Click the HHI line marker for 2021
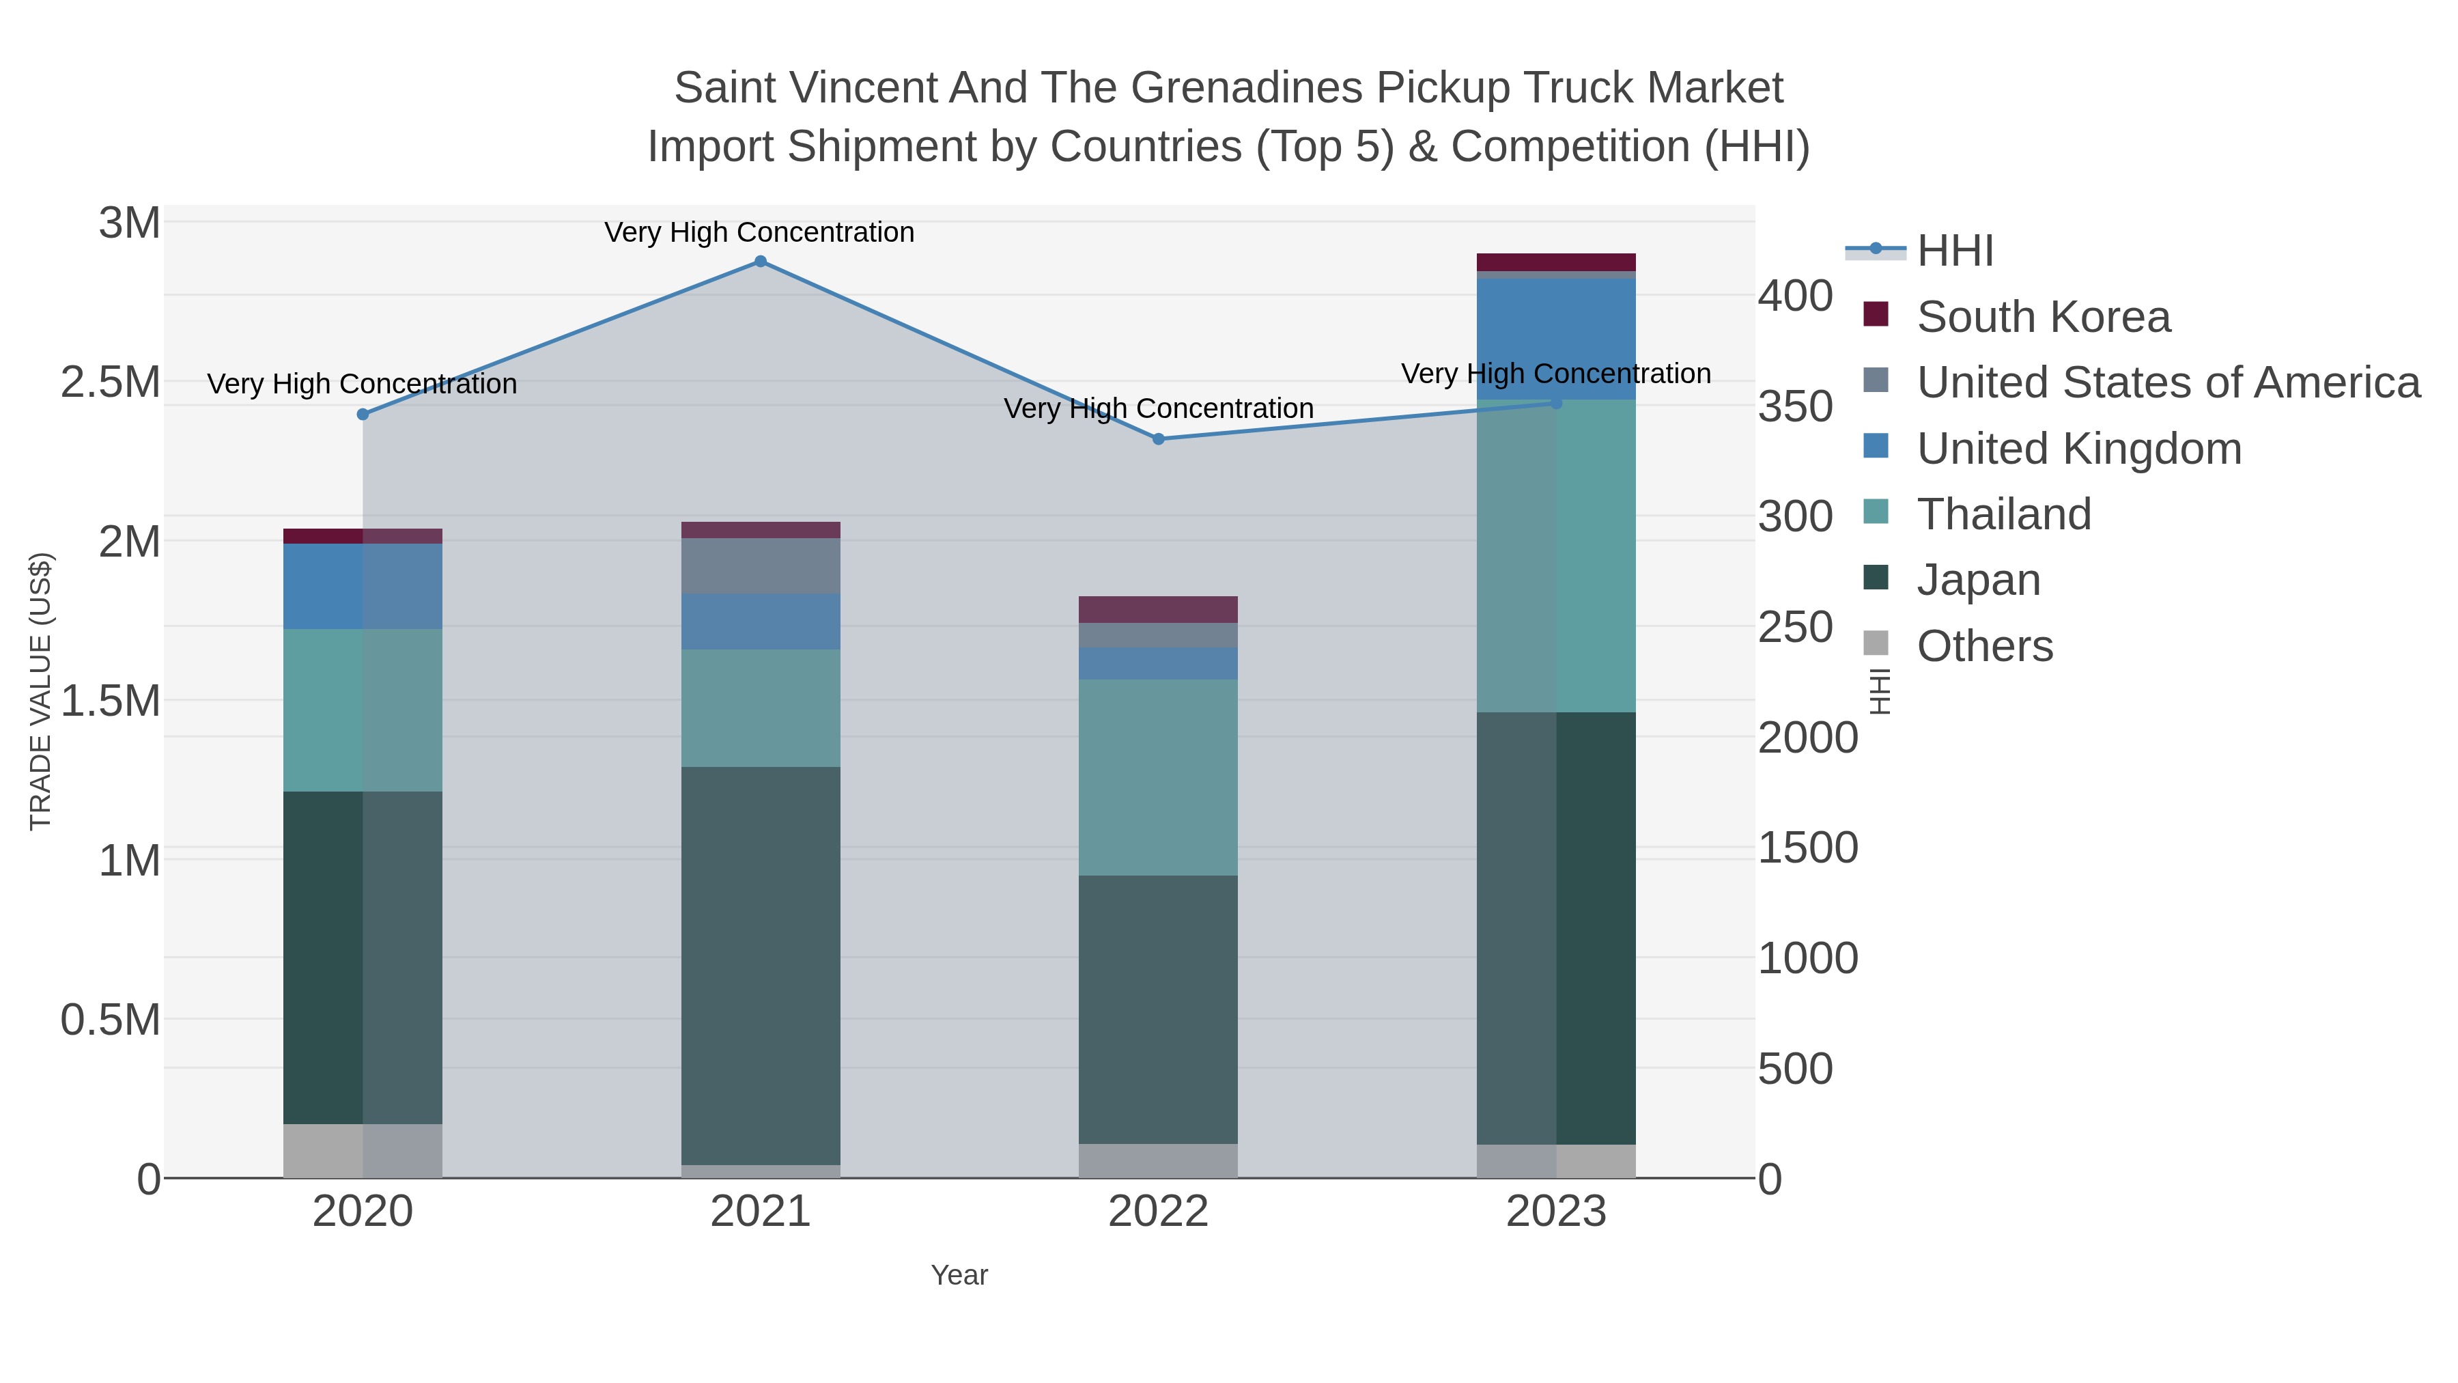tap(761, 262)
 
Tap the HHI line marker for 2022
tap(1159, 439)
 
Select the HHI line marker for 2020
tap(363, 415)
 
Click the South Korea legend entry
tap(2042, 317)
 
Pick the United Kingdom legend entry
tap(2078, 449)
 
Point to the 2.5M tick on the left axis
tap(111, 382)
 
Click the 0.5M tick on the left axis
tap(111, 1020)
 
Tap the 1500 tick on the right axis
tap(1807, 848)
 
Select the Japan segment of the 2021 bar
tap(761, 964)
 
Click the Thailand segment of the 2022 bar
tap(1159, 777)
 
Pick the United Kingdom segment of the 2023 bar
tap(1556, 339)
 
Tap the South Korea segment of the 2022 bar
tap(1159, 609)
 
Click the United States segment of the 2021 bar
tap(761, 566)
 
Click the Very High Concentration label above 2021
tap(759, 232)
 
